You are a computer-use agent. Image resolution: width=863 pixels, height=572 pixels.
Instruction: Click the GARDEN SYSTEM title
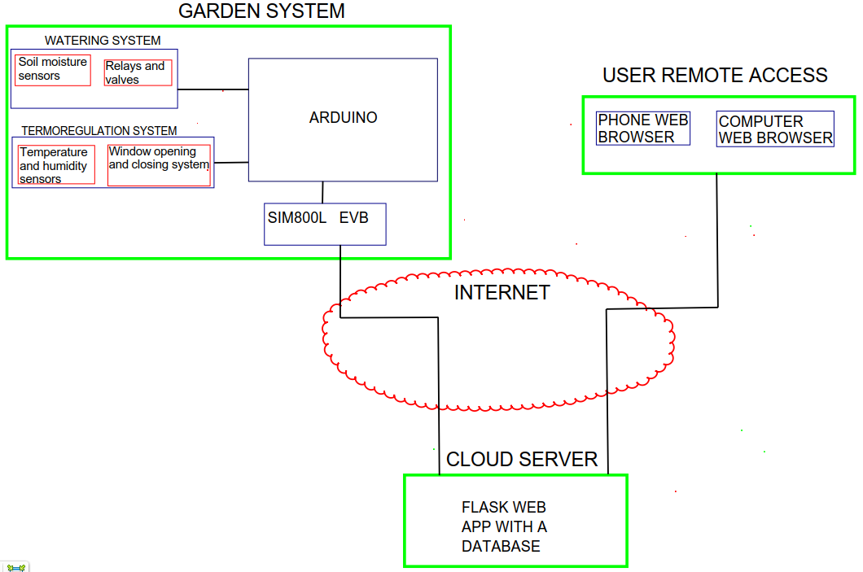point(261,11)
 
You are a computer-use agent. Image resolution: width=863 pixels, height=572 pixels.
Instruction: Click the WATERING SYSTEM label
point(103,41)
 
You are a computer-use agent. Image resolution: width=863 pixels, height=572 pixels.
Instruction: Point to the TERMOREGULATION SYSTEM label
point(99,131)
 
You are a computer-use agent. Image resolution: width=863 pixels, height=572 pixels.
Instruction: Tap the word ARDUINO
point(343,118)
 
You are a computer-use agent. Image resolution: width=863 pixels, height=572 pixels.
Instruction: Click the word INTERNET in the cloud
point(502,293)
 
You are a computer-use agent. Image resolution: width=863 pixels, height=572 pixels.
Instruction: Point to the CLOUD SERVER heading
point(522,459)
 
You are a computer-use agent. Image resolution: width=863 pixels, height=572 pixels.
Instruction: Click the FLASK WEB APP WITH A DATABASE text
point(504,526)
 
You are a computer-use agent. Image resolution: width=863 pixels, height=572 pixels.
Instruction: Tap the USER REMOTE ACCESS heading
point(715,76)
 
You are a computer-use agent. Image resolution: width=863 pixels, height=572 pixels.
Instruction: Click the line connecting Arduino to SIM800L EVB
point(322,193)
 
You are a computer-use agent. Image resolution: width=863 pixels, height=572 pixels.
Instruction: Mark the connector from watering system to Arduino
point(213,90)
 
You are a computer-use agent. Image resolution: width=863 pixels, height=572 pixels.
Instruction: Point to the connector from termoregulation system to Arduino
point(231,163)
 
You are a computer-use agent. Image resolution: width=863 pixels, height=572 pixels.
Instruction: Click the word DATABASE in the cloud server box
point(501,546)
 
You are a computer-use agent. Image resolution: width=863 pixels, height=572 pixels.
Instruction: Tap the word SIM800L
point(297,218)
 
